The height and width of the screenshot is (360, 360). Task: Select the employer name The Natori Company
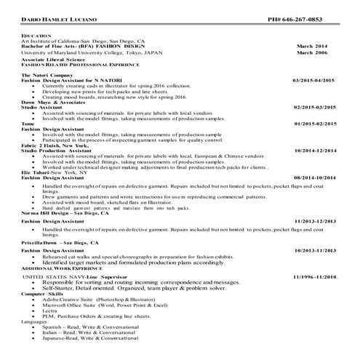(45, 75)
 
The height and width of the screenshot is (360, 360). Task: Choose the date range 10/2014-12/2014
(316, 150)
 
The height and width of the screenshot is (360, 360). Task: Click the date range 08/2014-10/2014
(316, 177)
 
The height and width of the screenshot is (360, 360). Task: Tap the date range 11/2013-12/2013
(316, 220)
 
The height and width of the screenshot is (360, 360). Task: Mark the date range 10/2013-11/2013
(316, 249)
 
